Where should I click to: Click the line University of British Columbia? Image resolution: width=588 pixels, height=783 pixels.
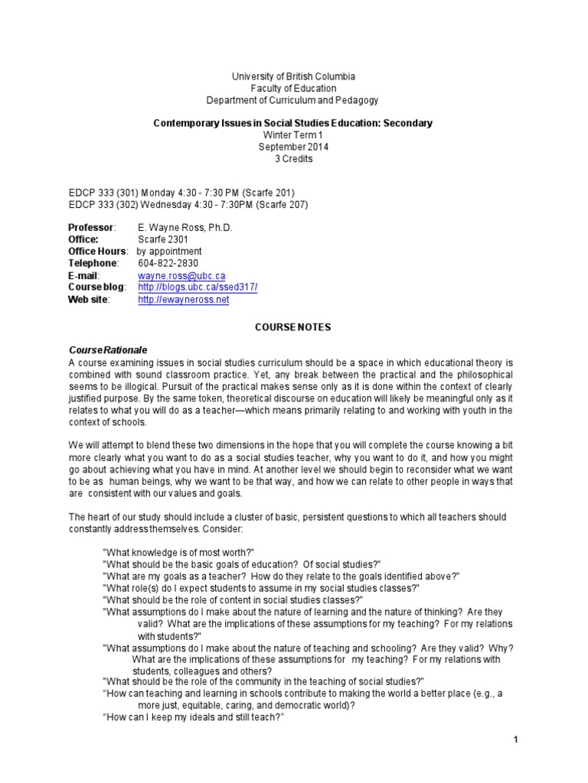point(293,76)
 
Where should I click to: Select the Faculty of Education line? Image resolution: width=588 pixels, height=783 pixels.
point(293,89)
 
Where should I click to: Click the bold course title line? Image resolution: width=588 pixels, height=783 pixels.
point(293,122)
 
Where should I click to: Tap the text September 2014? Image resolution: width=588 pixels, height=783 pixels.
point(293,147)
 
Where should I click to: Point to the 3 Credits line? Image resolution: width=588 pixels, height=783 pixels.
point(293,159)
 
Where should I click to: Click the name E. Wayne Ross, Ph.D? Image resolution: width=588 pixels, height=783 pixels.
point(185,228)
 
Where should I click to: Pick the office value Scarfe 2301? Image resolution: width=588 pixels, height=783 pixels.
point(163,239)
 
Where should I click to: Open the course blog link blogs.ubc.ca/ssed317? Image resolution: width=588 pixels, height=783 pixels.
point(198,287)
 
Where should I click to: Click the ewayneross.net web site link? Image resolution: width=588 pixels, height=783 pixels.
point(184,299)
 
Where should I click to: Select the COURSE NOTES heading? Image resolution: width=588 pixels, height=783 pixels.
point(293,327)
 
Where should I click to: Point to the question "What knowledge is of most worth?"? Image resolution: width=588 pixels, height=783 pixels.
point(178,552)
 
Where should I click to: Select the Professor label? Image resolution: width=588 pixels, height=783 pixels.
point(91,228)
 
